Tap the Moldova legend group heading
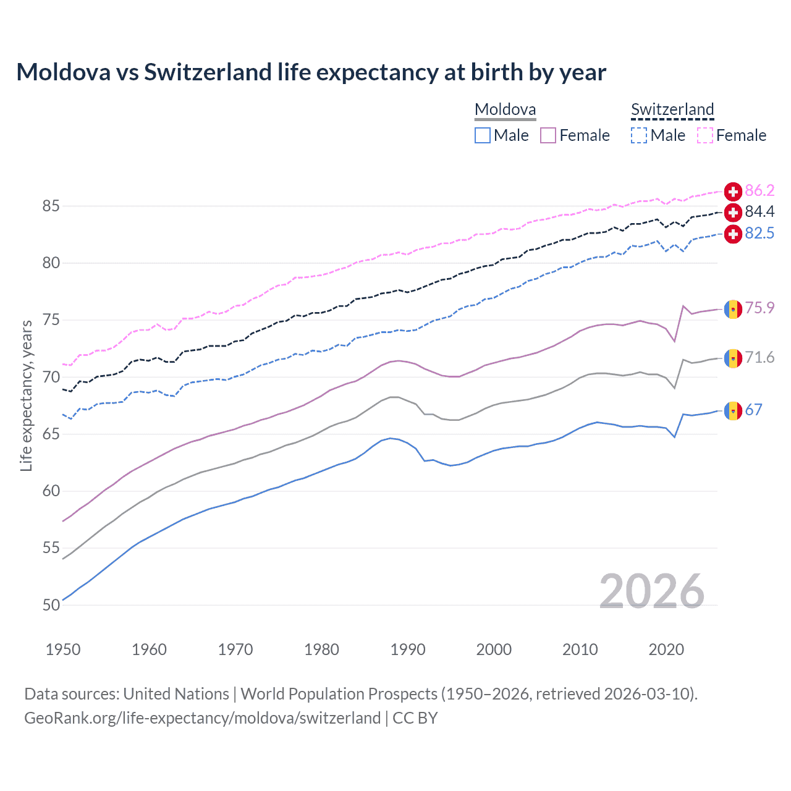coord(505,110)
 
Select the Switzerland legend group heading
coord(672,110)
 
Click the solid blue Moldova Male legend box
coord(483,135)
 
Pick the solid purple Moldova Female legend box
coord(548,135)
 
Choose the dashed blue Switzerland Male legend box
coord(639,135)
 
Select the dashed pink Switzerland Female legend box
coord(705,135)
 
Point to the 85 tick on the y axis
coord(51,206)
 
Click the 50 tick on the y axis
coord(51,605)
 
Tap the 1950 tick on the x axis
coord(63,649)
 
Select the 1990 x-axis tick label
coord(408,649)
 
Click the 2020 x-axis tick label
coord(666,649)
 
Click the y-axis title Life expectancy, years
coord(27,396)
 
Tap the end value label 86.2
coord(759,190)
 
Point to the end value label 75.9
coord(759,308)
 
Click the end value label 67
coord(753,410)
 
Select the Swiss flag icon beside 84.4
coord(733,213)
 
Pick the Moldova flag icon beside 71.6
coord(733,358)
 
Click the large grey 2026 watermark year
coord(652,591)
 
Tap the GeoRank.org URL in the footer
coord(202,718)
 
